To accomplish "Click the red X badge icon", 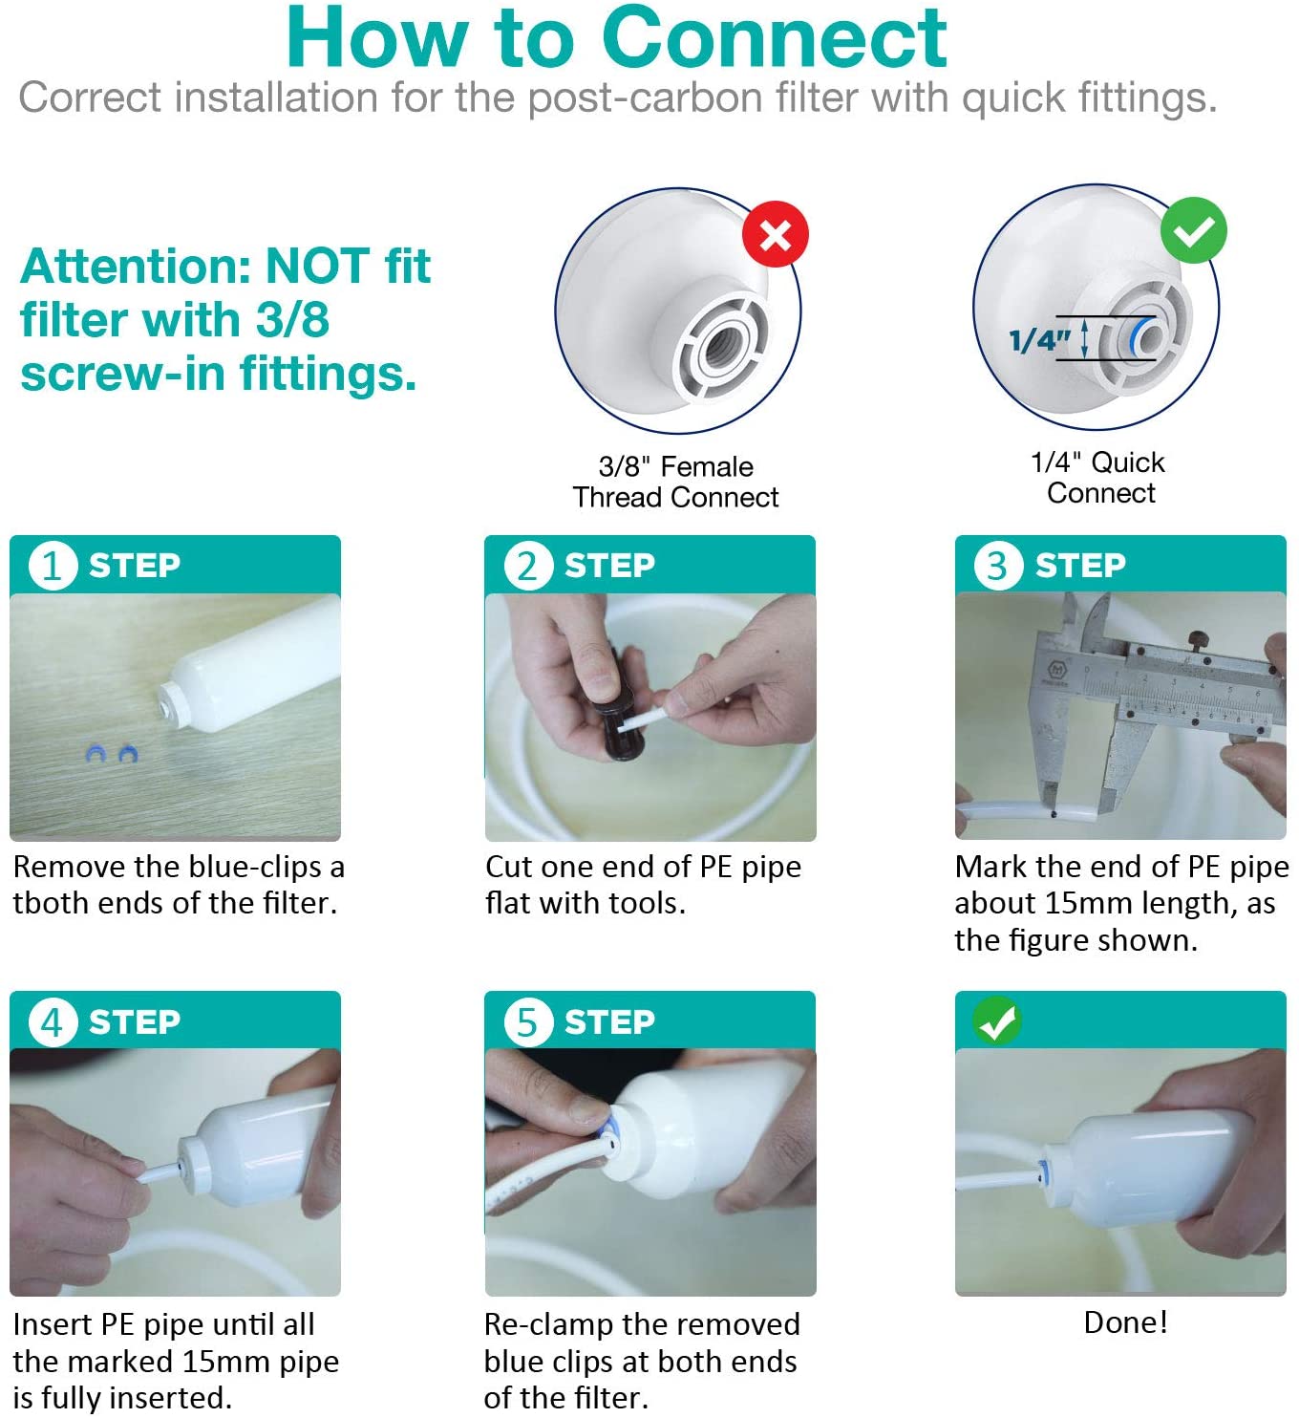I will coord(775,234).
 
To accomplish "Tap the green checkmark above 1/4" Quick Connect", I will coord(1193,230).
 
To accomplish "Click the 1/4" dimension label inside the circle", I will coord(1039,339).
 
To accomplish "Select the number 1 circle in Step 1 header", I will coord(52,565).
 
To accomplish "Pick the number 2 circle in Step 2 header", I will coord(527,565).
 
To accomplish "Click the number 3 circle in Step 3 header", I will coord(997,565).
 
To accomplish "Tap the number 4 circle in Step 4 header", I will coord(52,1021).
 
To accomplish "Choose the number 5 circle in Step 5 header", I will coord(527,1021).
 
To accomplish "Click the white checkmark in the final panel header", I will coord(997,1021).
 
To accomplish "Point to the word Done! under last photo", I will coord(1125,1322).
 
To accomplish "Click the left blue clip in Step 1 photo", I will coord(96,754).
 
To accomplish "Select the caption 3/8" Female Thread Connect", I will coord(675,482).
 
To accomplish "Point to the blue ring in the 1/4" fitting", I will coord(1137,337).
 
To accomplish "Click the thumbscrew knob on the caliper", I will coord(1196,638).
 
